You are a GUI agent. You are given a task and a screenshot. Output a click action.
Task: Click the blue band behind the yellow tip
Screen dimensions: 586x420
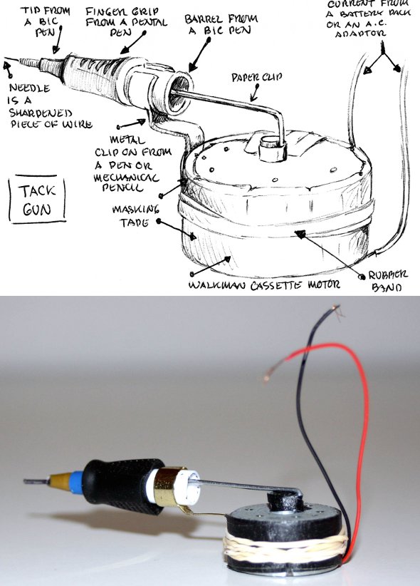pyautogui.click(x=74, y=480)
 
